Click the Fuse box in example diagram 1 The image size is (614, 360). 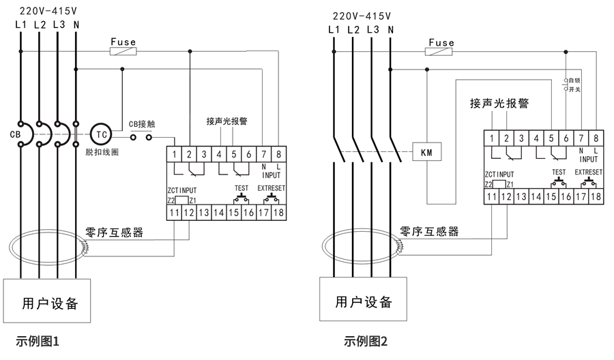123,51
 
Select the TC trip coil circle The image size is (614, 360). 101,135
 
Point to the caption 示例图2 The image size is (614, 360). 366,340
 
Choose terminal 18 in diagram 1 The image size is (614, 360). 278,213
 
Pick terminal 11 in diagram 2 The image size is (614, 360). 491,197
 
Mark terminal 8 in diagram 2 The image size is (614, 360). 596,138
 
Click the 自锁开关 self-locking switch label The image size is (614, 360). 574,85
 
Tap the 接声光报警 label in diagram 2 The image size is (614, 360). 499,104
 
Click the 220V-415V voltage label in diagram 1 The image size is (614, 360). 47,12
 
